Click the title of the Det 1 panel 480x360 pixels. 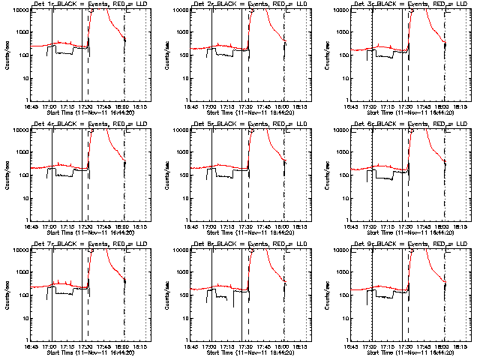(88, 4)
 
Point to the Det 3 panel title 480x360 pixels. (409, 4)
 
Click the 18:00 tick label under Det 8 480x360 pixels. (285, 346)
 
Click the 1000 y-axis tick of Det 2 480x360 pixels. (179, 32)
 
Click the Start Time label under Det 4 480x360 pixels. (88, 233)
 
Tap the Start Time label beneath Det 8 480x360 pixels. (248, 353)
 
